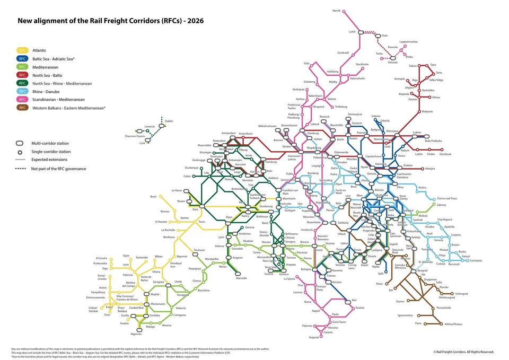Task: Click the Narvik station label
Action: pos(336,11)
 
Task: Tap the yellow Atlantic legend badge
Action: pos(22,50)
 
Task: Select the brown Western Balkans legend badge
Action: pos(22,108)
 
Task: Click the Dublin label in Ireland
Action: pos(169,121)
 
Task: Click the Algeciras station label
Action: pos(136,334)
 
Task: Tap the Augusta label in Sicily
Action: pos(314,337)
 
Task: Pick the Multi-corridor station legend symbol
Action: pos(22,143)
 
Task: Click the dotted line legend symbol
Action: pos(22,169)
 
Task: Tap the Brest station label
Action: pos(153,196)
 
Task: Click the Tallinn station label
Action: pos(413,66)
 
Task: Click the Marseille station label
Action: pos(241,278)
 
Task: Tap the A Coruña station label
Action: pos(101,258)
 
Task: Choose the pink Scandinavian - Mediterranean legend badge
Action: pos(22,99)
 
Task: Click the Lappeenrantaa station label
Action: pos(409,41)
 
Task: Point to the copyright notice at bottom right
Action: pos(463,352)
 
